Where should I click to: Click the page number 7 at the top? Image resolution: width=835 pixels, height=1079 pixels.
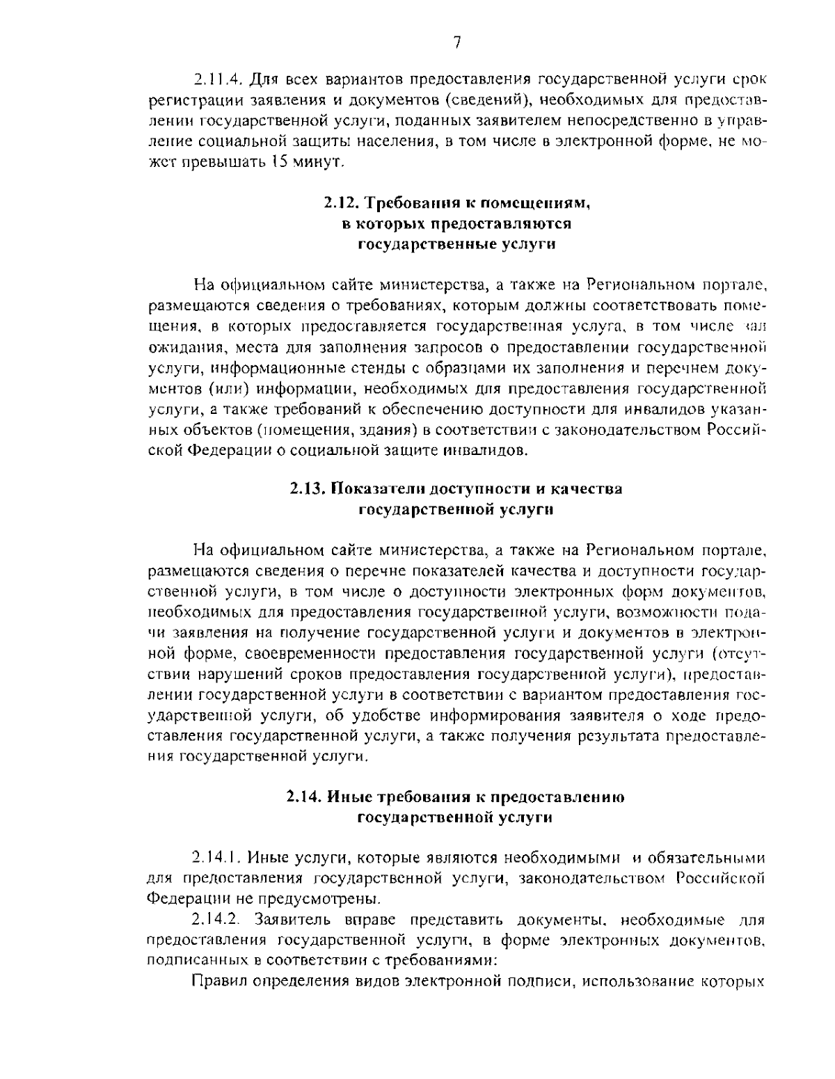coord(456,43)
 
